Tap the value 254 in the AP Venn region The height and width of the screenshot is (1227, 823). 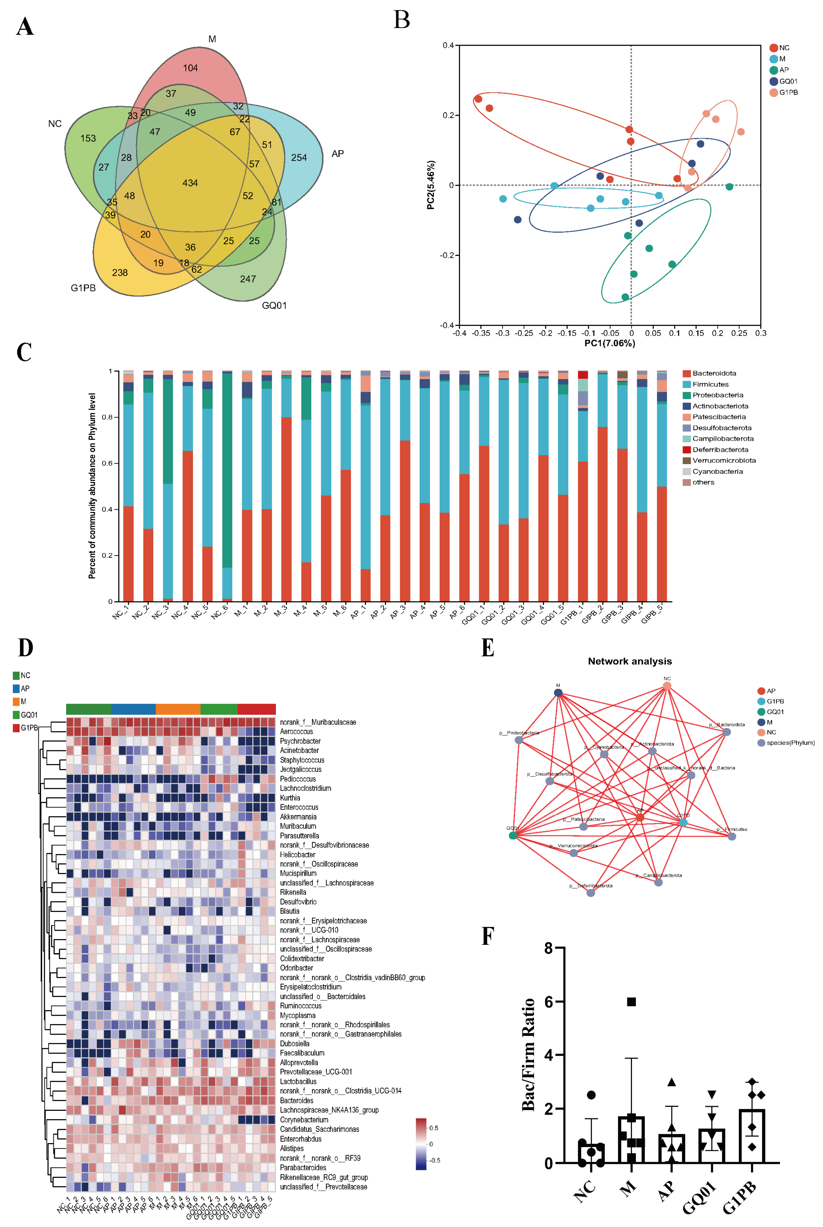click(299, 157)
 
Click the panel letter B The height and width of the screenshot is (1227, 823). click(401, 20)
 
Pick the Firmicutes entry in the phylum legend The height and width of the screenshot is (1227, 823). click(710, 384)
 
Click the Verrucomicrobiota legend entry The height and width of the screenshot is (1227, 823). click(724, 460)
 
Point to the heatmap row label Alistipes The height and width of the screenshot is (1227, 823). click(292, 1148)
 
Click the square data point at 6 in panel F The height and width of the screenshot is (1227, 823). click(631, 1002)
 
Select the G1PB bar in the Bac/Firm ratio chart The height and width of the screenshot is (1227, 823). click(752, 1137)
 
